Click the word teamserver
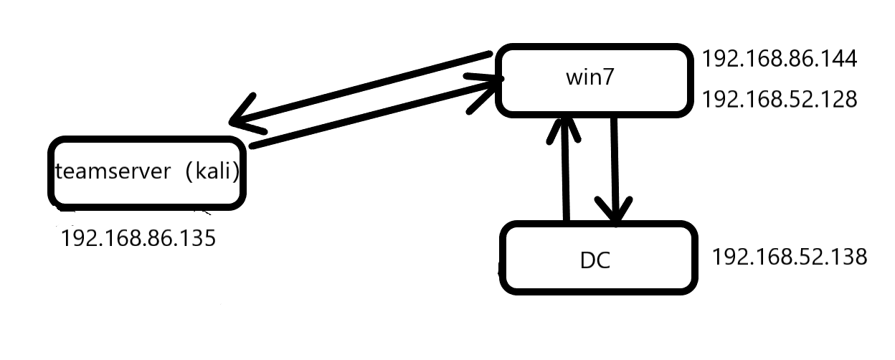coord(113,172)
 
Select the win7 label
coord(590,77)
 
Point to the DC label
coord(595,260)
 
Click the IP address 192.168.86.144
coord(780,59)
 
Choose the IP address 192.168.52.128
coord(780,100)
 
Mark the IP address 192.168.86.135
coord(138,237)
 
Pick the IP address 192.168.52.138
coord(790,256)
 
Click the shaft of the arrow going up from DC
coord(566,179)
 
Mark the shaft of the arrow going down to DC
coord(615,158)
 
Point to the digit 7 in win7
coord(609,77)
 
